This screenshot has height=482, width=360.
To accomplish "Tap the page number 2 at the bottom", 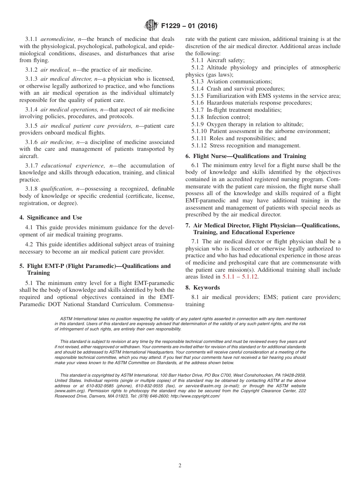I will (x=180, y=466).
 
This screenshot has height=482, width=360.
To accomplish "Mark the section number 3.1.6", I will (x=31, y=142).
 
